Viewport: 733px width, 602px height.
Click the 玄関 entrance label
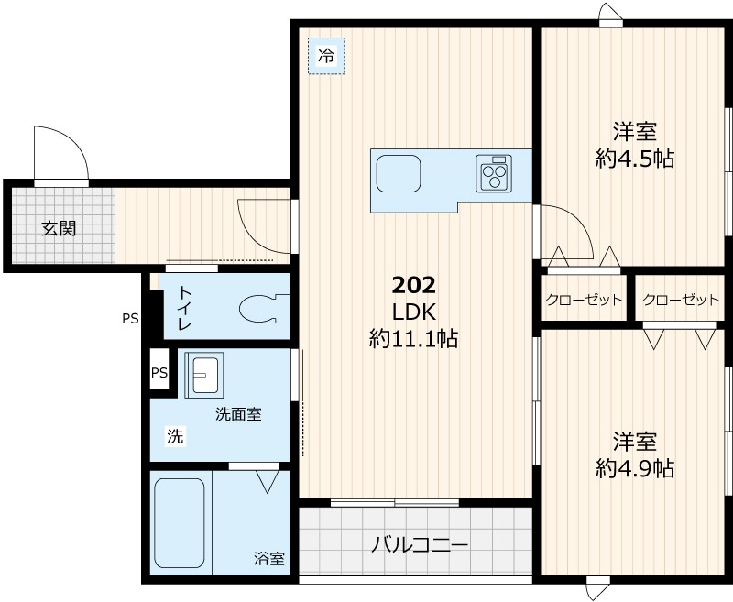click(x=58, y=228)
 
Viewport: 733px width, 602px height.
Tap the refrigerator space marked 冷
click(x=325, y=56)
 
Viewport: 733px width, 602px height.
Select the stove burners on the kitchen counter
click(x=496, y=172)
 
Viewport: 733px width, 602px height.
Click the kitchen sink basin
click(x=398, y=173)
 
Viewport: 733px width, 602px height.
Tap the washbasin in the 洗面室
click(x=202, y=374)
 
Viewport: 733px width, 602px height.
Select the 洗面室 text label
click(x=238, y=414)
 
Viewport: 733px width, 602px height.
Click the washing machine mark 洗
click(x=174, y=437)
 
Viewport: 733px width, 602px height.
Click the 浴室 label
click(x=268, y=558)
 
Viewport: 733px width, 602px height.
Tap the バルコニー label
click(x=420, y=546)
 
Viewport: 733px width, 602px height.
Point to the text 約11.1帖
click(x=413, y=339)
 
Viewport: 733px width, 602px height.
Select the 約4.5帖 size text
click(x=634, y=159)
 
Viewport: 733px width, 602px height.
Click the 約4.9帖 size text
click(x=634, y=468)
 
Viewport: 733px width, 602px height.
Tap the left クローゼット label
click(x=584, y=300)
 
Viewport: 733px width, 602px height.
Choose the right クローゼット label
click(x=681, y=300)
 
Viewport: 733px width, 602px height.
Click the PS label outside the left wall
click(x=130, y=320)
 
